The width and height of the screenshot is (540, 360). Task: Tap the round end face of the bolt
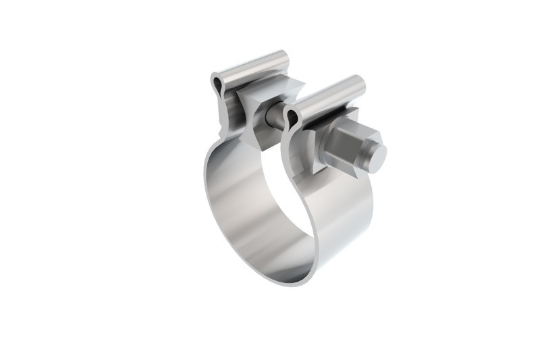pyautogui.click(x=375, y=157)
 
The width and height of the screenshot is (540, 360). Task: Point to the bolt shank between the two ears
pyautogui.click(x=275, y=116)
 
